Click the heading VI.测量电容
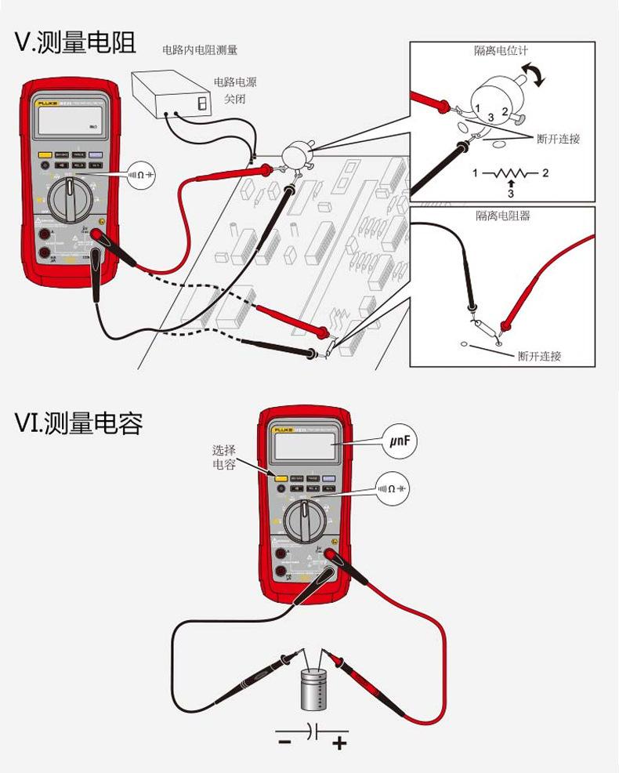[78, 424]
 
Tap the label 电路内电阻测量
[199, 50]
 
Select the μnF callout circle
[400, 441]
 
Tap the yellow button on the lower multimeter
[280, 477]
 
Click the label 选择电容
[223, 457]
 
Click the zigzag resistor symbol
[510, 172]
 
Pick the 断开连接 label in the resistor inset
[540, 356]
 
